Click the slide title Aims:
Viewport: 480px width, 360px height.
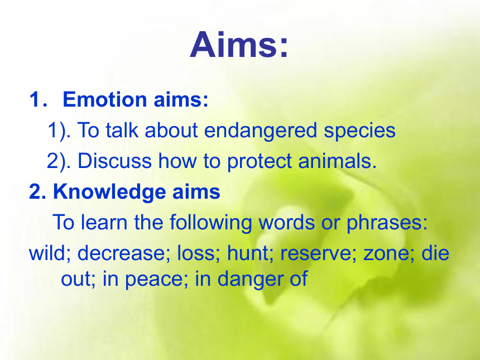(239, 45)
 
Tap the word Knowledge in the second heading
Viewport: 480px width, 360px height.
(109, 192)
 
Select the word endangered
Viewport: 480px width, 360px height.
(260, 131)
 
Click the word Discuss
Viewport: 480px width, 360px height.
(114, 161)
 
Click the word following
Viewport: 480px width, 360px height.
(210, 223)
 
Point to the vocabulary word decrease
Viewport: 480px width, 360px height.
(121, 254)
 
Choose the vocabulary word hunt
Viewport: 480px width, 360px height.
(248, 253)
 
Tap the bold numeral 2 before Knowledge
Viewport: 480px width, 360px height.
(35, 191)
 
